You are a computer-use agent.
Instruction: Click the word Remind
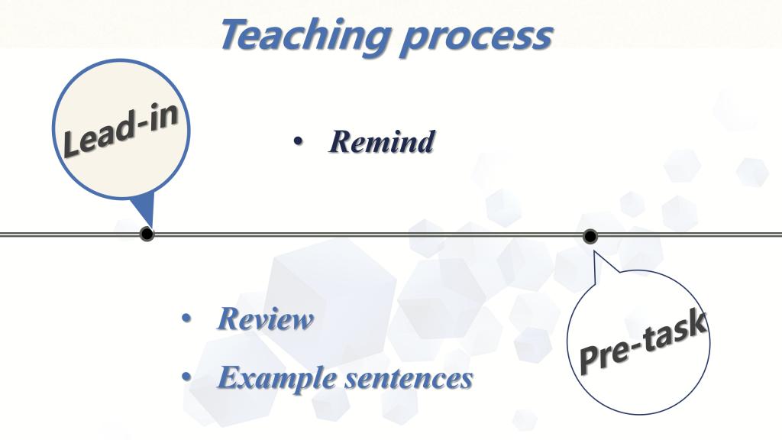pyautogui.click(x=382, y=141)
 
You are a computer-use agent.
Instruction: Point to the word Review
pyautogui.click(x=265, y=319)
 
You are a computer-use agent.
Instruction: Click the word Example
pyautogui.click(x=276, y=378)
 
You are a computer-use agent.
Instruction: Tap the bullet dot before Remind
pyautogui.click(x=298, y=142)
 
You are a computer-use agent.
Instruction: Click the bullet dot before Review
pyautogui.click(x=186, y=319)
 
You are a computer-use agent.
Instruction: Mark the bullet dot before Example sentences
pyautogui.click(x=186, y=377)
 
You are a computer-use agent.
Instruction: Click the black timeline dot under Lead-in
pyautogui.click(x=147, y=234)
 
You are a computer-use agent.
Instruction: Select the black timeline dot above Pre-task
pyautogui.click(x=590, y=236)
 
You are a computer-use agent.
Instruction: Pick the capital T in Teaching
pyautogui.click(x=237, y=34)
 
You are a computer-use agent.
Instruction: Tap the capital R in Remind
pyautogui.click(x=341, y=141)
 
